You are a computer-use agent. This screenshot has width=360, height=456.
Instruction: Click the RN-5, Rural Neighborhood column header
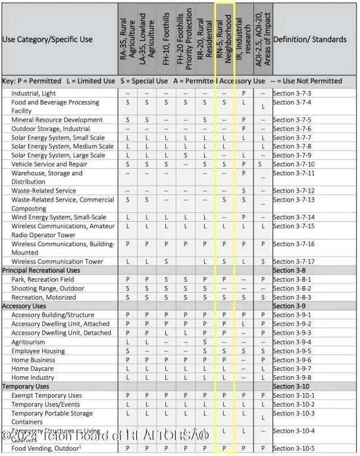point(224,39)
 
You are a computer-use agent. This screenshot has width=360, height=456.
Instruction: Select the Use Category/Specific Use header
point(48,40)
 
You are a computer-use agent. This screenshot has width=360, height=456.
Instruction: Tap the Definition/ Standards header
point(309,40)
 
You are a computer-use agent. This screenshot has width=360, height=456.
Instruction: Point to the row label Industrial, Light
point(35,94)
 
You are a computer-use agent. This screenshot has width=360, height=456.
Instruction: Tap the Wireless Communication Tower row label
point(57,262)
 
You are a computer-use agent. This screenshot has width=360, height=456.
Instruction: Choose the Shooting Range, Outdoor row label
point(48,288)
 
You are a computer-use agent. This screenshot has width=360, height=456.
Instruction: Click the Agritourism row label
point(29,342)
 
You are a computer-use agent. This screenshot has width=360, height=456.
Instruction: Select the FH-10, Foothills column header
point(166,39)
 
